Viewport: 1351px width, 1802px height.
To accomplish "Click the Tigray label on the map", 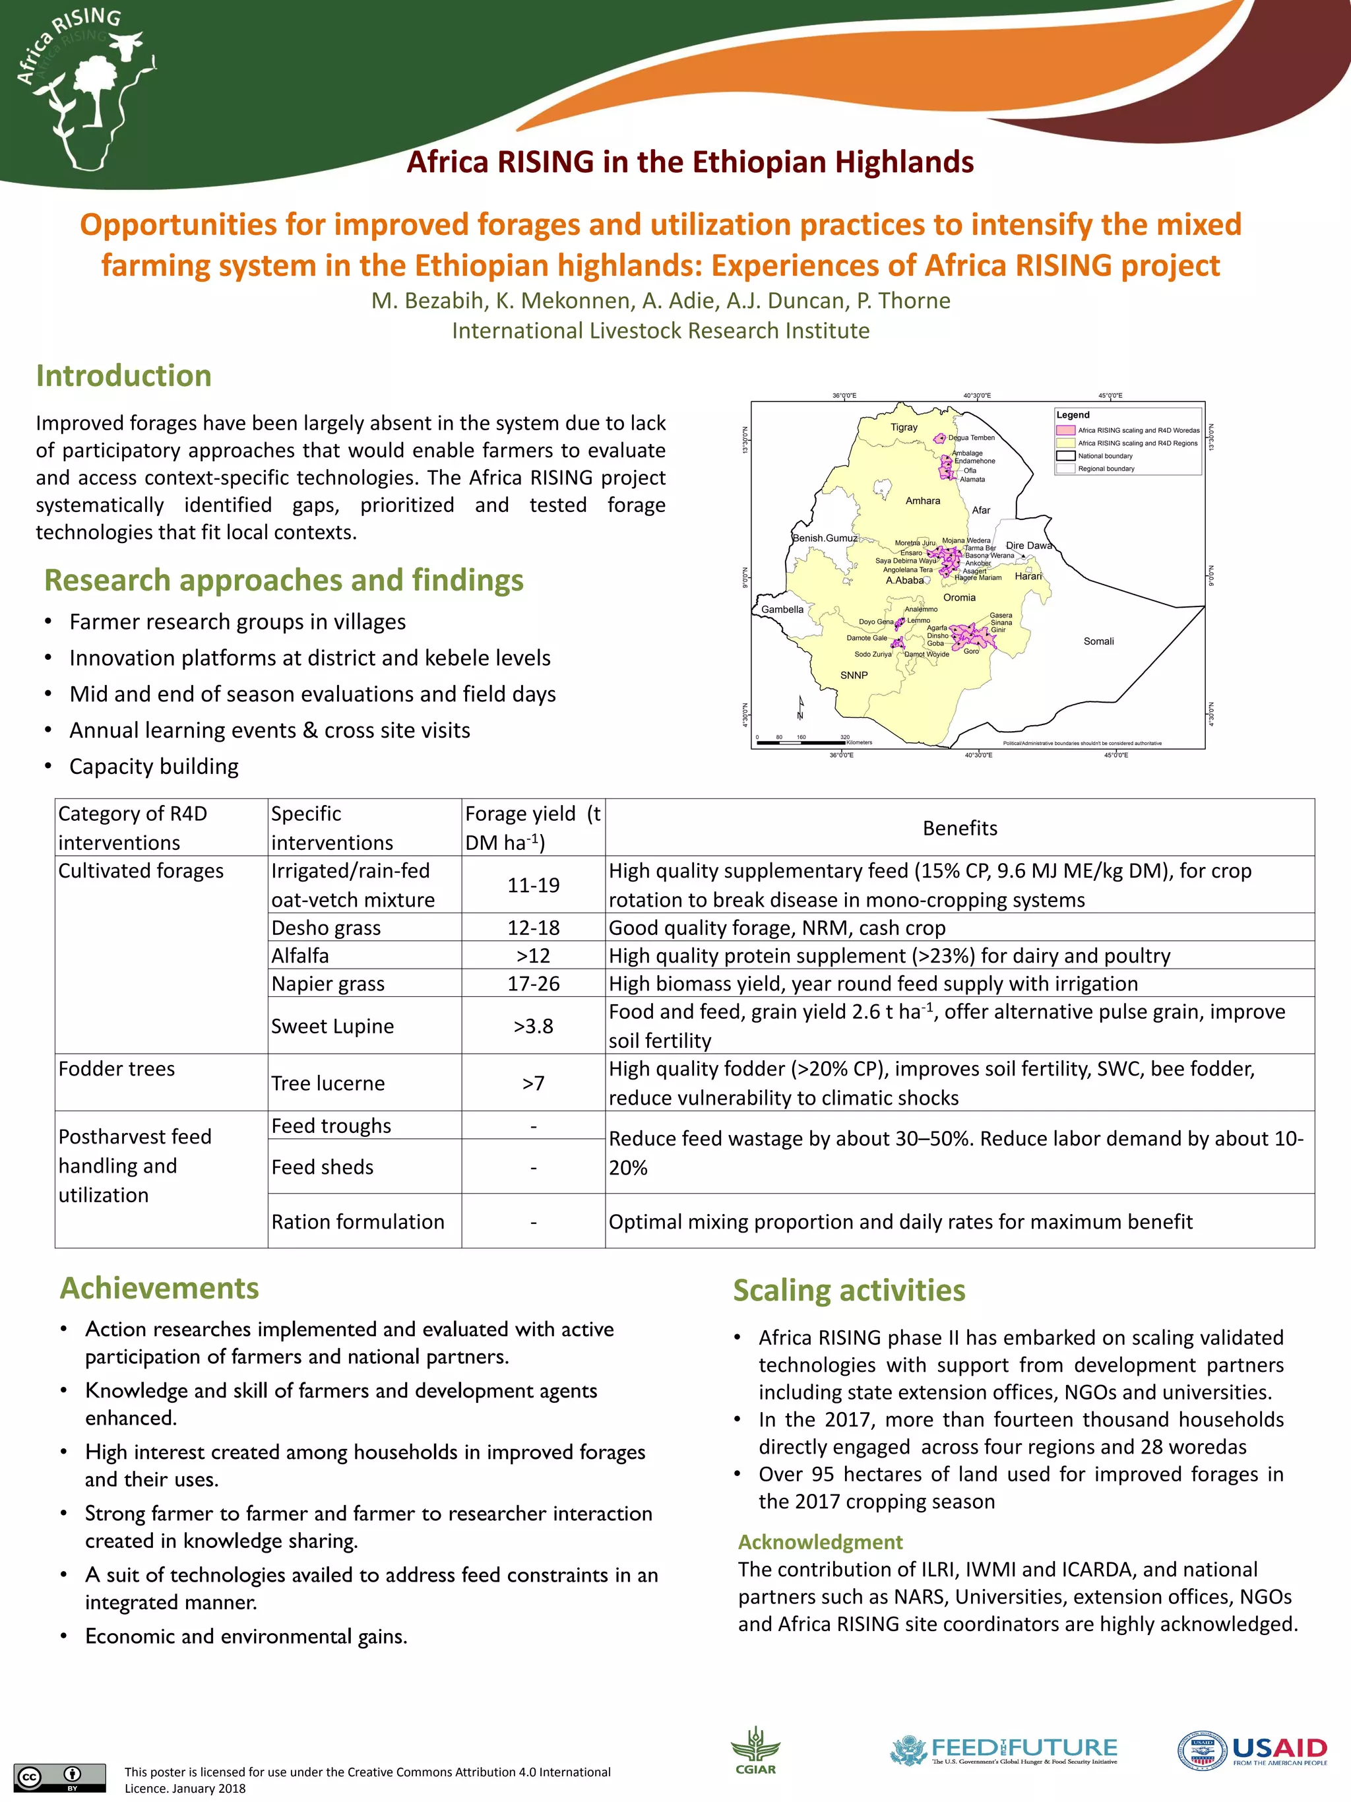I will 903,427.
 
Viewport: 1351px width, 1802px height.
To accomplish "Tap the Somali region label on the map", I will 1098,641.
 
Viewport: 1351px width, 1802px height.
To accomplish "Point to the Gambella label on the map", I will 782,610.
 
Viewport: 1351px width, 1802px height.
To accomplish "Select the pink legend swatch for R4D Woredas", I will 1065,430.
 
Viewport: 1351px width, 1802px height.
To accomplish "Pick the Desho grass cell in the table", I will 327,928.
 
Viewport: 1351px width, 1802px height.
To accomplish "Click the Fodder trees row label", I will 117,1069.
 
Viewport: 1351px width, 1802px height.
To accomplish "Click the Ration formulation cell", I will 358,1222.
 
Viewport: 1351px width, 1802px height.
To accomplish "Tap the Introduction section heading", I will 124,375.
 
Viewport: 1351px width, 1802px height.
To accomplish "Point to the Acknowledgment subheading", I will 820,1542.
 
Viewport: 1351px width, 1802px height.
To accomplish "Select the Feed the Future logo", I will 1003,1750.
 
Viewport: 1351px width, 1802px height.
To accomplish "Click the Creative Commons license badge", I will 59,1777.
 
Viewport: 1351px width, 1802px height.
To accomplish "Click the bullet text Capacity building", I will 154,767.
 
